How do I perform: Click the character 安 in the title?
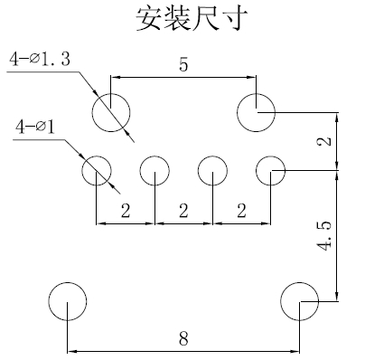click(x=147, y=18)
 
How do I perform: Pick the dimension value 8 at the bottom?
click(x=183, y=340)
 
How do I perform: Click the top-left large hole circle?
click(x=111, y=113)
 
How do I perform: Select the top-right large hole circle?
click(x=256, y=113)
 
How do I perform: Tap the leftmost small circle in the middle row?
click(x=97, y=170)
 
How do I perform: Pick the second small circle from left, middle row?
click(x=154, y=170)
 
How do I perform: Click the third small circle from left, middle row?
click(x=212, y=170)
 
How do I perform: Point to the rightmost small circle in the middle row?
click(x=270, y=170)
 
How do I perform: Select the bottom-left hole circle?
click(x=68, y=301)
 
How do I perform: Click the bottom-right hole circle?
click(x=299, y=301)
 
